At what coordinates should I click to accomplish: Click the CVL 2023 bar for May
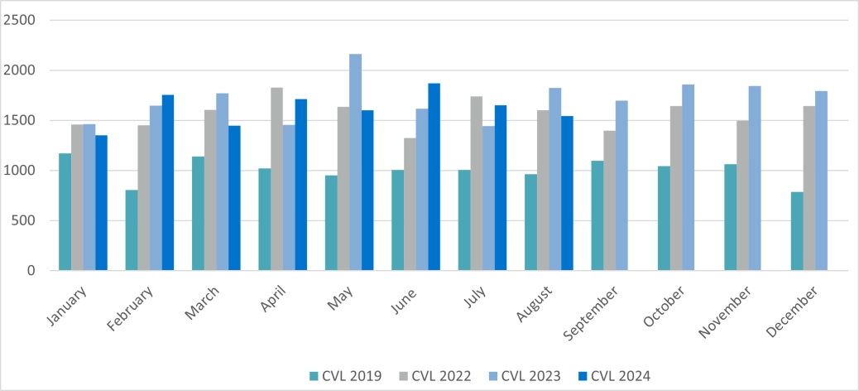pyautogui.click(x=355, y=162)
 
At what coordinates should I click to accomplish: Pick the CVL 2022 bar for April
pyautogui.click(x=277, y=179)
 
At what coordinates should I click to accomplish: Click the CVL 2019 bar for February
pyautogui.click(x=132, y=230)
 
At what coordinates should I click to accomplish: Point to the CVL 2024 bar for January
pyautogui.click(x=101, y=203)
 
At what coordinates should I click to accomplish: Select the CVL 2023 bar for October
pyautogui.click(x=689, y=177)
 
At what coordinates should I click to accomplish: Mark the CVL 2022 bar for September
pyautogui.click(x=610, y=200)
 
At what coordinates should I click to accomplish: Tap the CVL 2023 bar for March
pyautogui.click(x=223, y=182)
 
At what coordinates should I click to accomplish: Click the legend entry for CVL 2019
pyautogui.click(x=345, y=376)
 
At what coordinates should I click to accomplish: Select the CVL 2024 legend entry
pyautogui.click(x=614, y=376)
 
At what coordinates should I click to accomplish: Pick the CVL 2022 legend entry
pyautogui.click(x=434, y=376)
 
